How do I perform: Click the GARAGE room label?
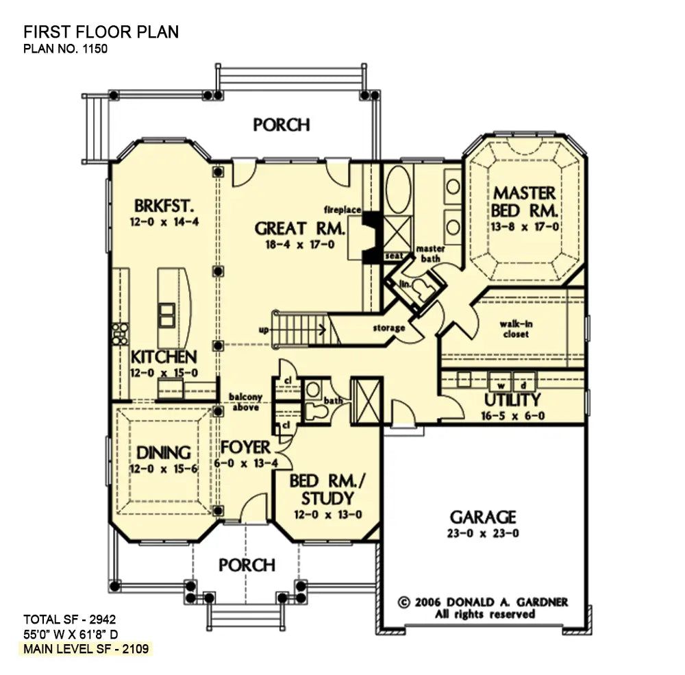tap(483, 517)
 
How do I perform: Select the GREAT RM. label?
tap(300, 228)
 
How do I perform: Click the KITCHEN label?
tap(164, 356)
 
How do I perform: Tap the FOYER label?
tap(245, 447)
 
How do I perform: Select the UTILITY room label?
tap(513, 400)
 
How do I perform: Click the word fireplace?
tap(343, 208)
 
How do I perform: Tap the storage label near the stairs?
tap(388, 328)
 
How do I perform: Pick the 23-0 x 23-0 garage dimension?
tap(483, 533)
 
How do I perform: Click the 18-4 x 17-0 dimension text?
tap(300, 244)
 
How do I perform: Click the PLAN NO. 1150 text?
tap(66, 49)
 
